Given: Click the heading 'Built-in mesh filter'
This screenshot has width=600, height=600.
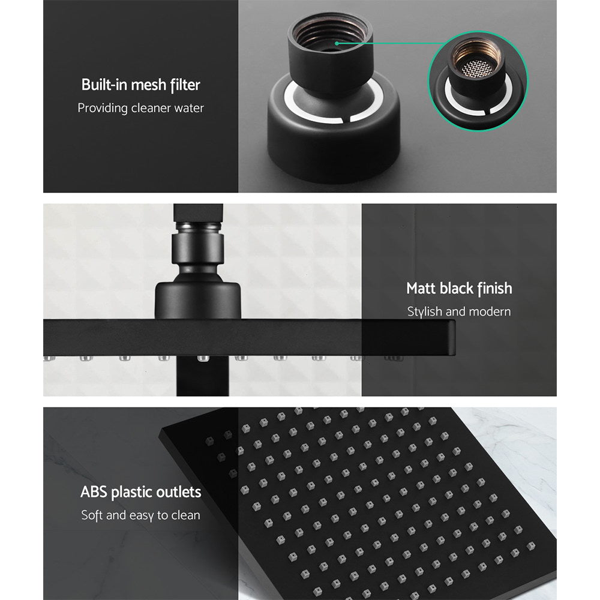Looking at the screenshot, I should (x=140, y=85).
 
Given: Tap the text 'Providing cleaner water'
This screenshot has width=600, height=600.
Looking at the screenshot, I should (x=140, y=109).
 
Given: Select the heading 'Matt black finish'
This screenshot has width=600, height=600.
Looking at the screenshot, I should (x=459, y=289).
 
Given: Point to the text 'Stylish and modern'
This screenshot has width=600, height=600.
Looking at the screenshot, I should (x=459, y=312).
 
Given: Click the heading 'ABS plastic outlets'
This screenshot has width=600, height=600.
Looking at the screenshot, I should (x=140, y=493).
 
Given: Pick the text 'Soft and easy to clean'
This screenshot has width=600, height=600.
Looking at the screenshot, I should (x=140, y=515).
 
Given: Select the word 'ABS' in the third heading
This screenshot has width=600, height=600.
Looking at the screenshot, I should (x=94, y=493).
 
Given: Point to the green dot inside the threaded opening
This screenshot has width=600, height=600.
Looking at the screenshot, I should (x=337, y=43).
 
